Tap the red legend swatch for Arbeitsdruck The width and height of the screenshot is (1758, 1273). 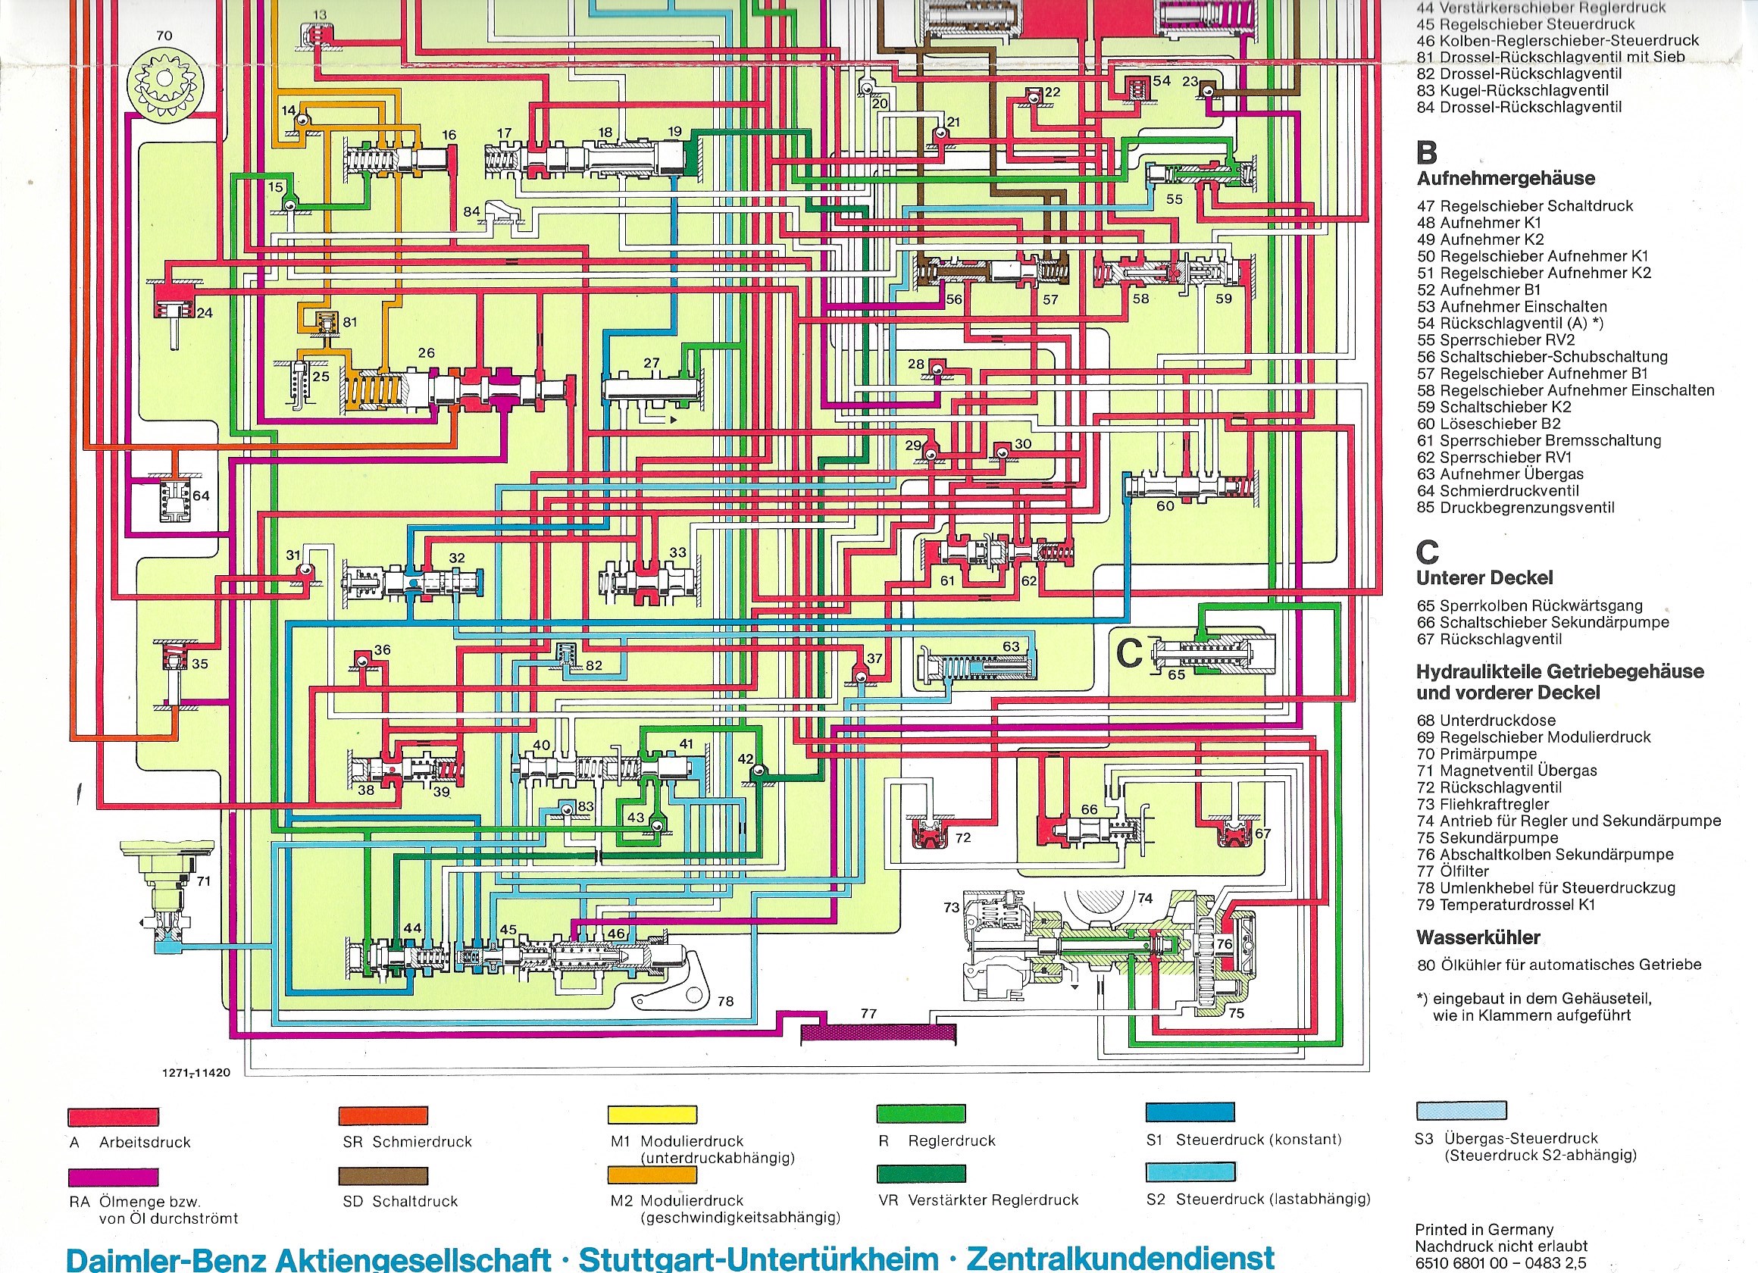click(x=113, y=1116)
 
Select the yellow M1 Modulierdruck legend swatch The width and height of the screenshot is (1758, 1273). click(x=652, y=1115)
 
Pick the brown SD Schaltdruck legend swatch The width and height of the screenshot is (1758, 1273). click(x=383, y=1175)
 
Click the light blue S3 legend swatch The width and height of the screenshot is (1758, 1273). click(x=1461, y=1110)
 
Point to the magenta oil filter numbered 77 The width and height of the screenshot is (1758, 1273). click(x=877, y=1034)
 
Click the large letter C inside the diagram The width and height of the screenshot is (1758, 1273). click(x=1128, y=652)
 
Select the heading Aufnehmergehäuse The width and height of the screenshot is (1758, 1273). click(x=1506, y=178)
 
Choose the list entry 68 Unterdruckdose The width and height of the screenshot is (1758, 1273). click(x=1485, y=720)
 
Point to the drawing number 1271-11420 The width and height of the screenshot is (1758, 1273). click(x=196, y=1073)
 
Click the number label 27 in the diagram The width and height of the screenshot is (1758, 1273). click(x=651, y=362)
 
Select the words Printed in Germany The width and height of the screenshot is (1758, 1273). click(x=1484, y=1229)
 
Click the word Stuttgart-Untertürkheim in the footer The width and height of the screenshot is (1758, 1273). click(x=758, y=1258)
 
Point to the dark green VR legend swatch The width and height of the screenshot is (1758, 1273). click(x=921, y=1174)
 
